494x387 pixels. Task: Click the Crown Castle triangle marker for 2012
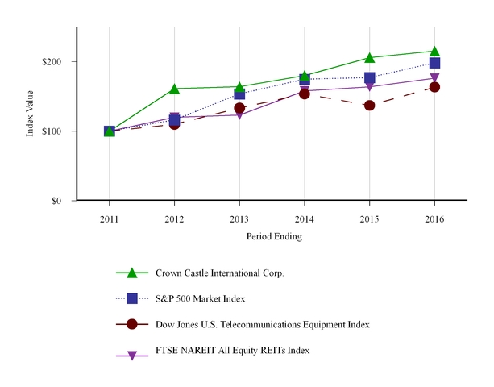coord(174,88)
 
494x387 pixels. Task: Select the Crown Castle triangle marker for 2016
coord(434,51)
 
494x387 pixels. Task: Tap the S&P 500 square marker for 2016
coord(434,63)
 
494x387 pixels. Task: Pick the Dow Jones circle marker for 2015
coord(370,105)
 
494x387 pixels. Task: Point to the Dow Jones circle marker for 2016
coord(434,86)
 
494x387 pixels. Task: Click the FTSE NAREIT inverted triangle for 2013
coord(239,115)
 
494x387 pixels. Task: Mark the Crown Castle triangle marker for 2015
coord(370,57)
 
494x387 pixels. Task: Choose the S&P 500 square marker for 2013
coord(239,94)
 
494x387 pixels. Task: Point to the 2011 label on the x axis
coord(110,218)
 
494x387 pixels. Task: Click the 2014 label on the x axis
coord(305,218)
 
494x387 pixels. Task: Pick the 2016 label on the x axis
coord(434,218)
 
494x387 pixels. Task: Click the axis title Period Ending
coord(272,237)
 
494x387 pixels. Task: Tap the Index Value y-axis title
coord(31,114)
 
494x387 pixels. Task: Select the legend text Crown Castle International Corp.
coord(220,273)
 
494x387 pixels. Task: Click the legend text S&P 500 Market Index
coord(200,298)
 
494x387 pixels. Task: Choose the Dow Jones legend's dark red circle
coord(133,324)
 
